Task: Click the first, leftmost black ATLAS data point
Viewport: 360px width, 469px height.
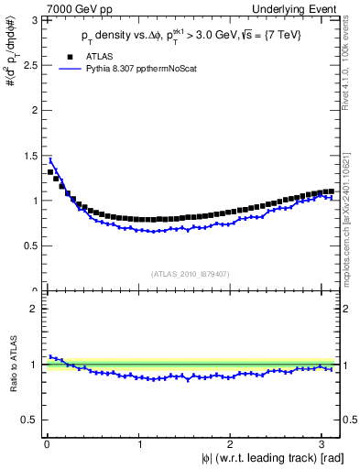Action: click(50, 172)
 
